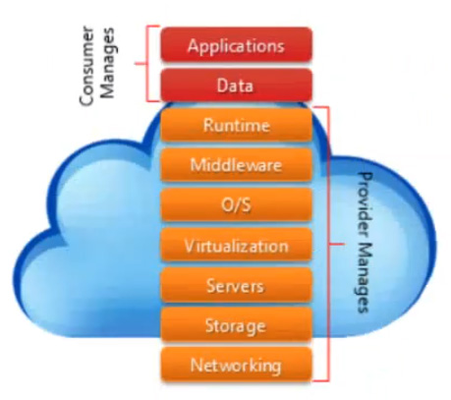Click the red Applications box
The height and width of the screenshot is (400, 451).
click(x=236, y=44)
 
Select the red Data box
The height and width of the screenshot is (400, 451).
click(x=236, y=86)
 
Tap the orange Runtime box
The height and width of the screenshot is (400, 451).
click(x=236, y=125)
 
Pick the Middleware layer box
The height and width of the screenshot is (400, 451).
click(x=236, y=165)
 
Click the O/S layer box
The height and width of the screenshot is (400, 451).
click(x=236, y=204)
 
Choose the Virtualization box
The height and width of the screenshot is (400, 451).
click(x=236, y=245)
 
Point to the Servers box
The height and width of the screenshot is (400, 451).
click(x=236, y=285)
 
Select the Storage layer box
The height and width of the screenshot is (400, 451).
click(x=236, y=324)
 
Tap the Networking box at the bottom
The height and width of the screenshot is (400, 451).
click(x=236, y=365)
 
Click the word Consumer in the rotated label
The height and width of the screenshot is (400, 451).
click(x=87, y=66)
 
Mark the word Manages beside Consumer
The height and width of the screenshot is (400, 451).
click(x=108, y=63)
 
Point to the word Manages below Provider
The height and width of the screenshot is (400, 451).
click(x=364, y=278)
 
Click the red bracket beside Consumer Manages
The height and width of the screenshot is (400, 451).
click(x=146, y=64)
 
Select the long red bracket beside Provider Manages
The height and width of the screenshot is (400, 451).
click(x=328, y=244)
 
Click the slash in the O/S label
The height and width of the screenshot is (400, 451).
click(x=236, y=205)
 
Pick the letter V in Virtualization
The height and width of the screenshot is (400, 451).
click(x=190, y=246)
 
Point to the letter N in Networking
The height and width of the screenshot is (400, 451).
click(x=196, y=365)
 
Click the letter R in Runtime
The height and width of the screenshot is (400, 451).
click(x=207, y=125)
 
